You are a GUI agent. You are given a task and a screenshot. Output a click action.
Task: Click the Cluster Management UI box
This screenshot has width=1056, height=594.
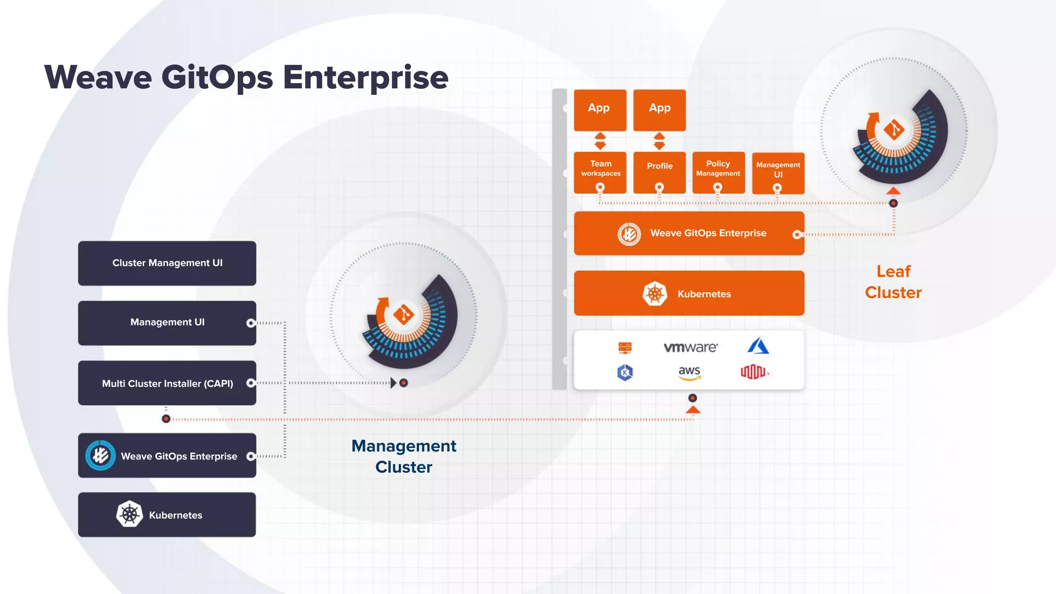167,263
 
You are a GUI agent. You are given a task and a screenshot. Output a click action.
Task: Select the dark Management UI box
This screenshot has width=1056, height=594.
167,323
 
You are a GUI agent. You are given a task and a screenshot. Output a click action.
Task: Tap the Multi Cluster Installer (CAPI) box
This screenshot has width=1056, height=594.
167,383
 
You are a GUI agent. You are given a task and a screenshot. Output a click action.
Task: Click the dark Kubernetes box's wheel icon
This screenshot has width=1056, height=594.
129,514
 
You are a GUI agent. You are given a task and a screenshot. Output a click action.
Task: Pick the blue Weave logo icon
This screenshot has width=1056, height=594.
101,455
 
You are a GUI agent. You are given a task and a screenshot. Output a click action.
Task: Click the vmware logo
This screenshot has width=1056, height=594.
690,348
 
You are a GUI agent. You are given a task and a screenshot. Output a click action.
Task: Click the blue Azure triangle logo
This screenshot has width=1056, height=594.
758,346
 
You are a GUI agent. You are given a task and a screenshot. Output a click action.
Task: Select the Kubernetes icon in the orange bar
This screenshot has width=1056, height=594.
655,294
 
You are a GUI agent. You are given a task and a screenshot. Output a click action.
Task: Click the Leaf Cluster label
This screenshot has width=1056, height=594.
893,282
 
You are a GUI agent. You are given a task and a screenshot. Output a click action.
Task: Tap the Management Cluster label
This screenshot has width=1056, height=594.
404,456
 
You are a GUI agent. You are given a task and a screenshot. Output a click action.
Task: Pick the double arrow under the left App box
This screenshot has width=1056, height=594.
600,141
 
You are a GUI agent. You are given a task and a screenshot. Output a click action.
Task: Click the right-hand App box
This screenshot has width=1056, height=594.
659,110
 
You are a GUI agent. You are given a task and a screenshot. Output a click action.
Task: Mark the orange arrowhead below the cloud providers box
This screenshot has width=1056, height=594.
693,410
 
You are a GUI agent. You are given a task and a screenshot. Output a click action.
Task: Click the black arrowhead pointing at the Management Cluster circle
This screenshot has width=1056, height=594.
393,383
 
